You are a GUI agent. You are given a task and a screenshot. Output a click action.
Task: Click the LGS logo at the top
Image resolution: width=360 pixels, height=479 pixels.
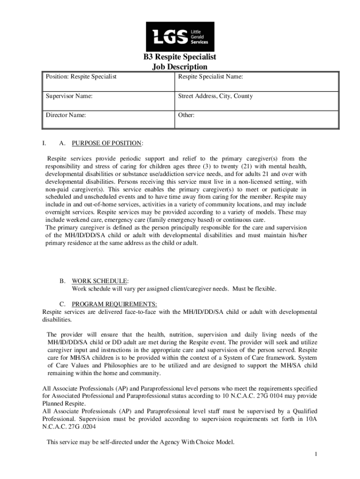point(180,36)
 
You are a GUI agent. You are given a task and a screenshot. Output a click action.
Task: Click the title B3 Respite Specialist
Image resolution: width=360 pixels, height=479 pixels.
point(180,58)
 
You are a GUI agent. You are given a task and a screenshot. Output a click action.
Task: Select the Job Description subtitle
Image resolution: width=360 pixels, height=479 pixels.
point(180,67)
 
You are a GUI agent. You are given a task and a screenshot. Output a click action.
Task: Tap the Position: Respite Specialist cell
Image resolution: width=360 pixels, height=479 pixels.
point(81,76)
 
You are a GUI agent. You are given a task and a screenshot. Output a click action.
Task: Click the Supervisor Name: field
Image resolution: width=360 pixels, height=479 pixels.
point(69,96)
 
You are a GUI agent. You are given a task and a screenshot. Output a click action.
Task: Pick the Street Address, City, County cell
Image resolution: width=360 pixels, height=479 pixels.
point(216,96)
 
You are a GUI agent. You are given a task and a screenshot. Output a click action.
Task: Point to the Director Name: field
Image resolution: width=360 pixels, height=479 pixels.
point(65,115)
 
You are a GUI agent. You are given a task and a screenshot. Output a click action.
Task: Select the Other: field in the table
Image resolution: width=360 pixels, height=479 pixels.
point(186,115)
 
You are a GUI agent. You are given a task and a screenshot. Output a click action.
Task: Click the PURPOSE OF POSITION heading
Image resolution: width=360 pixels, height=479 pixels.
point(107,143)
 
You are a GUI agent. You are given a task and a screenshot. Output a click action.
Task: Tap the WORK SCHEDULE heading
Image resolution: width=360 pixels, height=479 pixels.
point(100,281)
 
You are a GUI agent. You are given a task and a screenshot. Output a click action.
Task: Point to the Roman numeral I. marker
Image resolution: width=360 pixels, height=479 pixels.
point(44,143)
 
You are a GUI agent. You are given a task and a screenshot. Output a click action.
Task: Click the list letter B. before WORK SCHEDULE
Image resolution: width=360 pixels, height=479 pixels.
point(62,281)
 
